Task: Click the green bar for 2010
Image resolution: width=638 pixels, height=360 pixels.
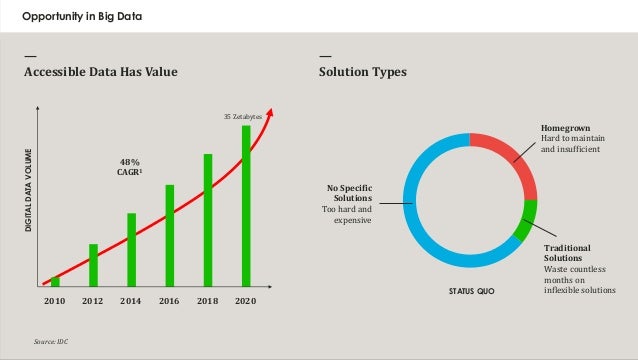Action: (x=55, y=281)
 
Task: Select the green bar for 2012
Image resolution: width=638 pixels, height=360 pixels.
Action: (x=93, y=265)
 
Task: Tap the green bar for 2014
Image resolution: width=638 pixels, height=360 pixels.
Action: (x=131, y=249)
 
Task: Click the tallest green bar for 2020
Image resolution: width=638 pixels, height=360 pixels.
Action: (x=246, y=205)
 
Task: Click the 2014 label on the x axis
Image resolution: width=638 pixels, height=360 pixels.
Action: (x=131, y=300)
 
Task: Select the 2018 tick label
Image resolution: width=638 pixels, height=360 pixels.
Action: (x=208, y=300)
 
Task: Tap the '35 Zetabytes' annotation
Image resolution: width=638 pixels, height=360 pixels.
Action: (x=241, y=117)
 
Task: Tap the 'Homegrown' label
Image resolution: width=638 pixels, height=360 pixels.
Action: (x=565, y=129)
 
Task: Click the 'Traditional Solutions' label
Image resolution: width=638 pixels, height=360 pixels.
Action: (x=567, y=252)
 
